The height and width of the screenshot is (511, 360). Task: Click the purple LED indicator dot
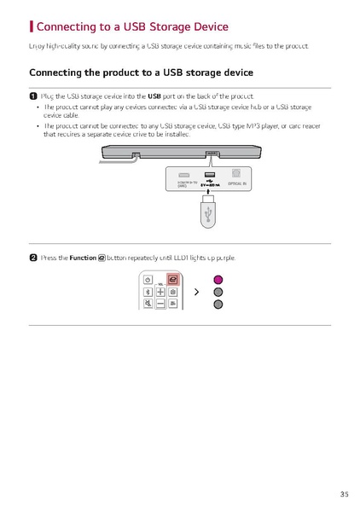click(x=218, y=279)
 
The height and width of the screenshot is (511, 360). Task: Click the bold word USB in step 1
click(x=154, y=96)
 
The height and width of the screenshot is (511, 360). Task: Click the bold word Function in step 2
click(x=83, y=257)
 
